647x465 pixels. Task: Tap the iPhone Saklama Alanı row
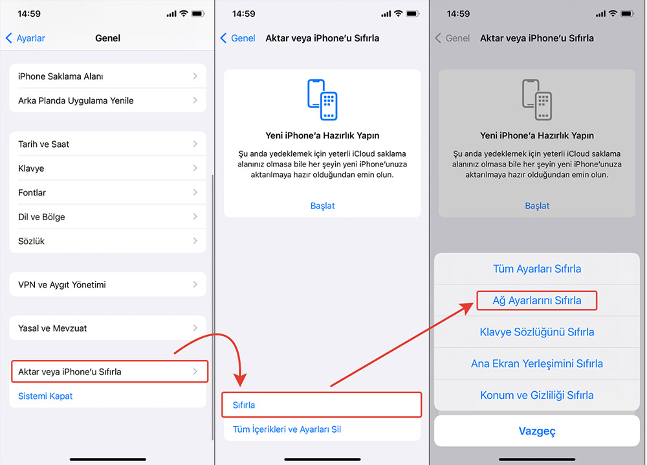(x=107, y=76)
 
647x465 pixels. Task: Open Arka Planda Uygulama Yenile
(x=107, y=100)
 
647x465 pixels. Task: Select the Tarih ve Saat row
(x=107, y=144)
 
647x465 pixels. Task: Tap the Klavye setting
(x=107, y=168)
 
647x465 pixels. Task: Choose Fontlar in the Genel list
(x=107, y=192)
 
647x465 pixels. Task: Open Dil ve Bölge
(x=107, y=217)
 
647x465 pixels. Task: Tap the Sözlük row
(x=107, y=241)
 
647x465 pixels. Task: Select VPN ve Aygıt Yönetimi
(x=107, y=284)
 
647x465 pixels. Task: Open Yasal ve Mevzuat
(x=107, y=328)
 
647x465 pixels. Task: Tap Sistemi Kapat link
(x=45, y=396)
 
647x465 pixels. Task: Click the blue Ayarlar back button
(x=26, y=38)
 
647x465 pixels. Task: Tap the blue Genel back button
(x=238, y=38)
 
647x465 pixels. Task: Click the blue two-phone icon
(x=322, y=100)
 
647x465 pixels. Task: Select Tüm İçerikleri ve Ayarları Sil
(x=287, y=429)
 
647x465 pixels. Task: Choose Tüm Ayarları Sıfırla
(x=537, y=269)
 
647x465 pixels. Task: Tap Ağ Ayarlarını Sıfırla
(x=537, y=301)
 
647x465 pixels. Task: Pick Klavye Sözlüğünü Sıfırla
(x=537, y=332)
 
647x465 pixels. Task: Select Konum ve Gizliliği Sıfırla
(x=537, y=395)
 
